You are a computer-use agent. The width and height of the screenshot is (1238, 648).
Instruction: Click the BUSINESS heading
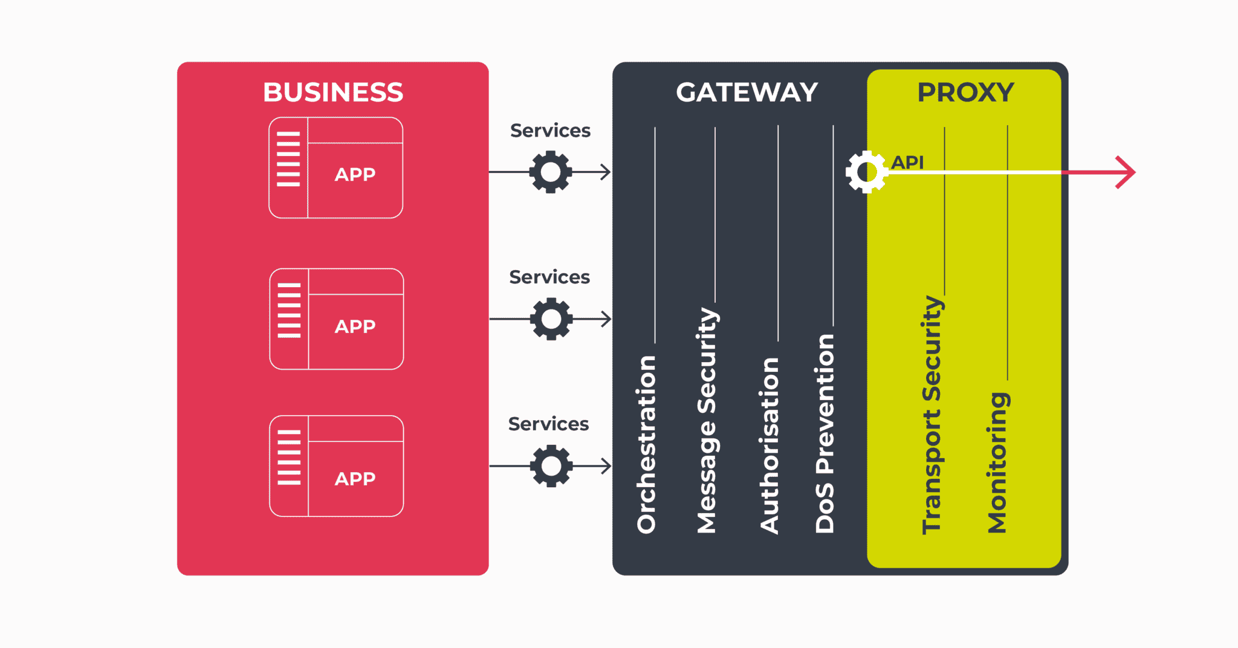[332, 92]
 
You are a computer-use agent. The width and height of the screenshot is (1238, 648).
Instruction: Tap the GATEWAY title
[747, 92]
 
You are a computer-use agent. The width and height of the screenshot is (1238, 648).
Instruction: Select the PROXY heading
[965, 92]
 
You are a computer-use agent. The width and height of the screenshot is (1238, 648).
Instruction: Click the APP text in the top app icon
[355, 175]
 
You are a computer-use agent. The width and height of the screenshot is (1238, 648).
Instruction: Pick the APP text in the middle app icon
[355, 326]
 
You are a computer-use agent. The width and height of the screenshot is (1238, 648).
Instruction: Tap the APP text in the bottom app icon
[355, 479]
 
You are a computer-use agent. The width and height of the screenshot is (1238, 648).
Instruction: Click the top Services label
[550, 131]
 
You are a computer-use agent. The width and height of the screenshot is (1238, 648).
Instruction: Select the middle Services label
[549, 277]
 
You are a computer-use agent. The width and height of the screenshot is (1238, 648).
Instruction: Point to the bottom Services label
[548, 424]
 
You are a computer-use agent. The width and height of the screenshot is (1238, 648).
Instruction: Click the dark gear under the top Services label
[550, 172]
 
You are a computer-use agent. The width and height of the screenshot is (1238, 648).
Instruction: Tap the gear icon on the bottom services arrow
[551, 466]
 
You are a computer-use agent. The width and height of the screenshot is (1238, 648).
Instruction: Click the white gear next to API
[867, 172]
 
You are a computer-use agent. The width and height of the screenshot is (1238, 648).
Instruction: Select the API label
[907, 162]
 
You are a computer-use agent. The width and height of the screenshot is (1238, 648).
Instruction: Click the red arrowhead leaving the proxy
[1126, 172]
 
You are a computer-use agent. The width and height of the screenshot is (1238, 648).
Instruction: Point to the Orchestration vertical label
[646, 444]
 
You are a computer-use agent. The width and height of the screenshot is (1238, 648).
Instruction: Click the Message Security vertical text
[707, 420]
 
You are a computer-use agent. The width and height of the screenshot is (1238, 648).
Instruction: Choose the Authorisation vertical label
[769, 445]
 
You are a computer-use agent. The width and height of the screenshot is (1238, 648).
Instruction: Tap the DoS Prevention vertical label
[825, 433]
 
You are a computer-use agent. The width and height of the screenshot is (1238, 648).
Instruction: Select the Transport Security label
[932, 415]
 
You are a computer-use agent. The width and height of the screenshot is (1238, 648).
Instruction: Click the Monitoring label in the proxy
[997, 462]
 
